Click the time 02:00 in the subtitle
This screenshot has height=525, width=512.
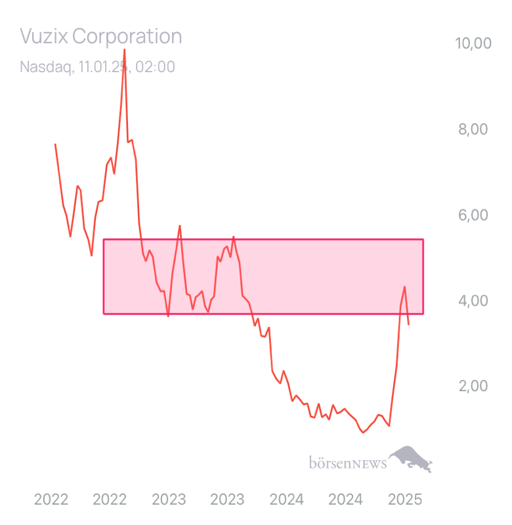point(155,67)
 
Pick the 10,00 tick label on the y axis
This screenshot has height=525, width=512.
point(473,43)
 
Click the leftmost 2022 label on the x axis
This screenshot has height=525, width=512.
point(51,499)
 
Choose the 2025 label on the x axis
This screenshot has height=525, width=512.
point(404,499)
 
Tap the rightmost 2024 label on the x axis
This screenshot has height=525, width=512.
point(345,499)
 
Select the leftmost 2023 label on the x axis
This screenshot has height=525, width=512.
point(169,499)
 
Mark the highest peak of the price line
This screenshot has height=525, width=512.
point(125,49)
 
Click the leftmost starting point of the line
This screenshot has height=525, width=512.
point(54,144)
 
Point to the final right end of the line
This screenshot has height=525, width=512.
point(410,325)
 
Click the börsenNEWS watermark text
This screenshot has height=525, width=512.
point(347,464)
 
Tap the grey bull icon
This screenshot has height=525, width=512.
point(410,458)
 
